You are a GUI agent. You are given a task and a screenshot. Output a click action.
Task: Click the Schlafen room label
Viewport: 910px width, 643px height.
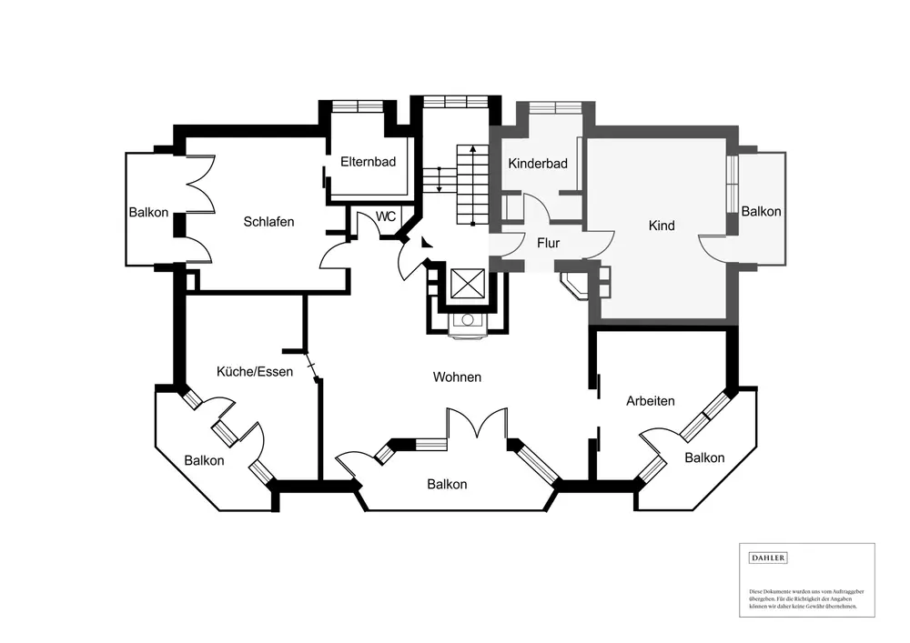pyautogui.click(x=268, y=222)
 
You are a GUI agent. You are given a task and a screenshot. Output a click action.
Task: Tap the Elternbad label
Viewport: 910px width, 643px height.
pyautogui.click(x=368, y=162)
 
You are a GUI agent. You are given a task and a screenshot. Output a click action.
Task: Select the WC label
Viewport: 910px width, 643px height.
pyautogui.click(x=386, y=217)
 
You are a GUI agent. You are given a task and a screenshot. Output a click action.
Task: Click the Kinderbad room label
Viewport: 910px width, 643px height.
pyautogui.click(x=538, y=164)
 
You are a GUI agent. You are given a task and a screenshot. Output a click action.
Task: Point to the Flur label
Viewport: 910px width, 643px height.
pyautogui.click(x=548, y=244)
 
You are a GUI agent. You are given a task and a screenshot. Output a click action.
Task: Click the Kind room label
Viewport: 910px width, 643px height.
pyautogui.click(x=662, y=226)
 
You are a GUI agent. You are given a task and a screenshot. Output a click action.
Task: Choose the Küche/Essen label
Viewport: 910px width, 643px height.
pyautogui.click(x=254, y=371)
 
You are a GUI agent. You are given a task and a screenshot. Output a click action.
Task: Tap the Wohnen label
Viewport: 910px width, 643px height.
pyautogui.click(x=457, y=377)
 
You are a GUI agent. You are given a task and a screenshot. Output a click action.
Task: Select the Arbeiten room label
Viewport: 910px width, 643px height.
pyautogui.click(x=651, y=400)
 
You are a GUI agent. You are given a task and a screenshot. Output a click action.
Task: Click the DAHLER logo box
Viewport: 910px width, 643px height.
pyautogui.click(x=768, y=558)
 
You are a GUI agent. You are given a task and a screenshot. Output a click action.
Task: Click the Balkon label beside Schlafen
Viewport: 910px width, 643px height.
pyautogui.click(x=148, y=213)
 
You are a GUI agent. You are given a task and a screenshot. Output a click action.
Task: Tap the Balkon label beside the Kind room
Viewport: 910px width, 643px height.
pyautogui.click(x=761, y=211)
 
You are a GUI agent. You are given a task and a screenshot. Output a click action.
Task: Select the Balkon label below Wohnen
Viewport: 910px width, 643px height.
pyautogui.click(x=447, y=485)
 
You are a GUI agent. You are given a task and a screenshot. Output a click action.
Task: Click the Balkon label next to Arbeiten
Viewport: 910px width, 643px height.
pyautogui.click(x=705, y=457)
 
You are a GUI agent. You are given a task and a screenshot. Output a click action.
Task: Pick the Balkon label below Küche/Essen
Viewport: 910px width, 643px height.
pyautogui.click(x=204, y=461)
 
